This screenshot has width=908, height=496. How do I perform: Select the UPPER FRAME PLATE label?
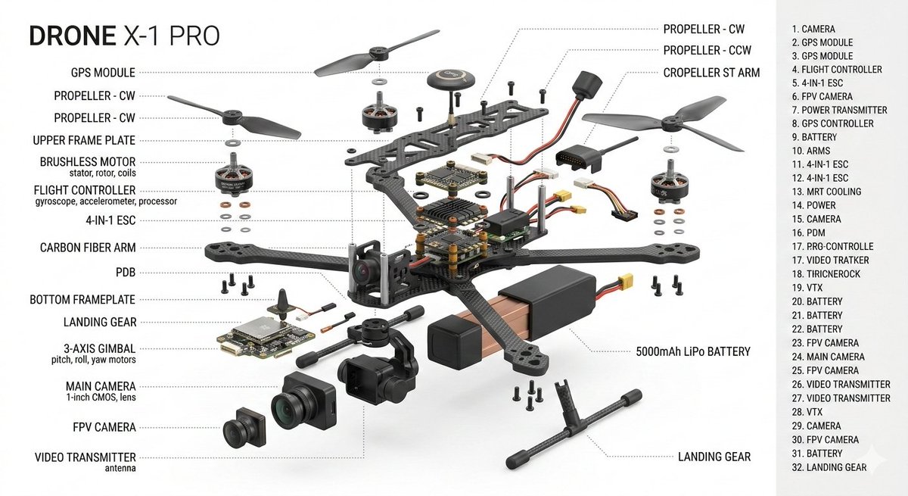(85, 140)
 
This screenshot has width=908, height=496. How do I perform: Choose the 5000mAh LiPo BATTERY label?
(692, 351)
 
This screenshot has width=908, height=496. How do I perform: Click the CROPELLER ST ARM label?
(711, 73)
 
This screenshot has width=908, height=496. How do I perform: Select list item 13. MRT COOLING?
(826, 192)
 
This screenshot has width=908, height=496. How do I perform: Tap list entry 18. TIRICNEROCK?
(826, 274)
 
